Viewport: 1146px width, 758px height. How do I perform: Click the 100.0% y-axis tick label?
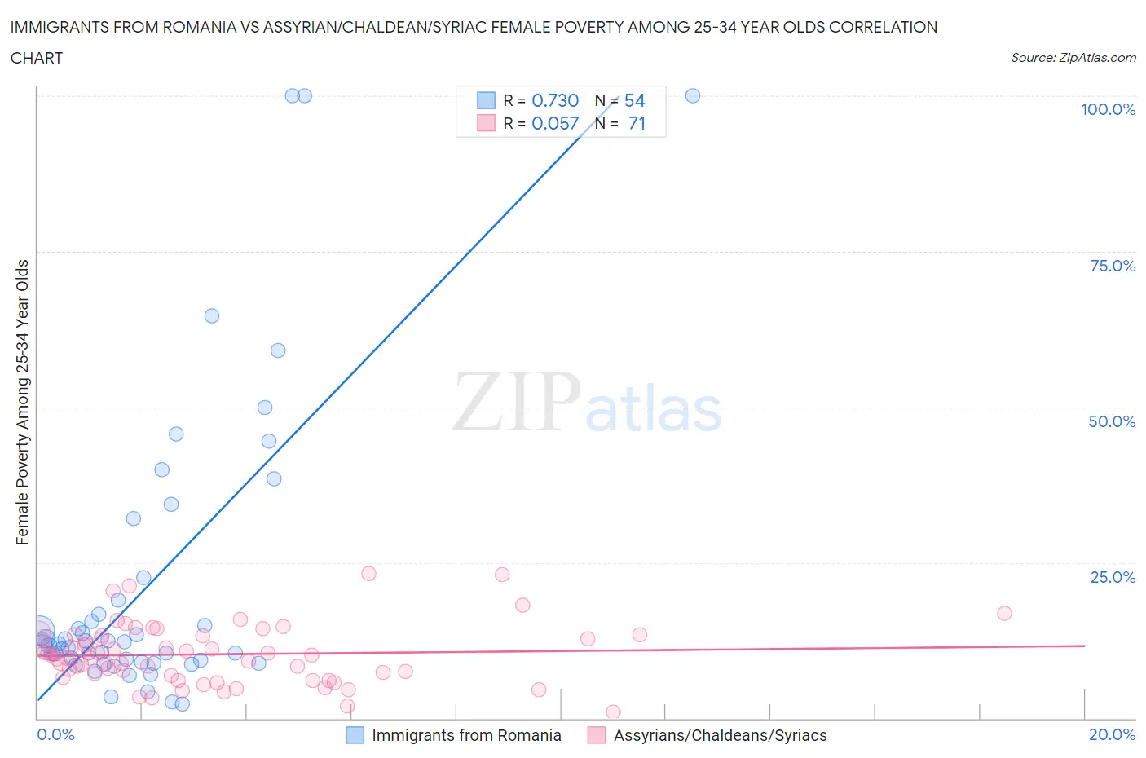pos(1108,109)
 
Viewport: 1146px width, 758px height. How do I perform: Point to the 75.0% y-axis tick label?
pos(1112,266)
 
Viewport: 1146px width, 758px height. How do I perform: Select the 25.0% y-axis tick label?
pos(1112,577)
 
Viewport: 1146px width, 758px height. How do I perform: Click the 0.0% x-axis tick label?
pos(55,734)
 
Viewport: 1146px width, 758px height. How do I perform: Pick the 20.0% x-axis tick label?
pos(1112,734)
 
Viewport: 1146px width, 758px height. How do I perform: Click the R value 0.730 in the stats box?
pos(554,100)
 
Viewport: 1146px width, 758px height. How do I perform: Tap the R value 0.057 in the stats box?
pos(554,123)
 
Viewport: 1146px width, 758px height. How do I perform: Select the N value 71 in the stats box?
pos(637,123)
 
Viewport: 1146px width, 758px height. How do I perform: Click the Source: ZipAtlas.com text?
pos(1073,57)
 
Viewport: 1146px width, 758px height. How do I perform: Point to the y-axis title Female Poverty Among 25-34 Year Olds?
pos(23,402)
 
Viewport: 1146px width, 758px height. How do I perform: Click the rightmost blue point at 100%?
pos(693,95)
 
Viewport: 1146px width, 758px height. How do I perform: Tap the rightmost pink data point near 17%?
pos(1004,613)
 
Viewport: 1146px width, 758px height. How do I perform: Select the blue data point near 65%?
pos(212,315)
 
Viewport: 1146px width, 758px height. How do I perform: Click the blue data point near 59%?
pos(278,350)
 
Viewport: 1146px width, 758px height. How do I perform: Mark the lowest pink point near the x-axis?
pos(614,712)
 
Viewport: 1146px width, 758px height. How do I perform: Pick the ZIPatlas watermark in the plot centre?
pos(587,402)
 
